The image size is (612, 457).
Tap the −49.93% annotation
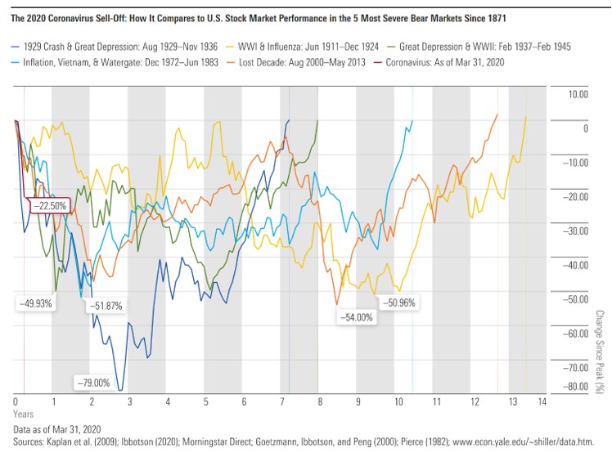(34, 302)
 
